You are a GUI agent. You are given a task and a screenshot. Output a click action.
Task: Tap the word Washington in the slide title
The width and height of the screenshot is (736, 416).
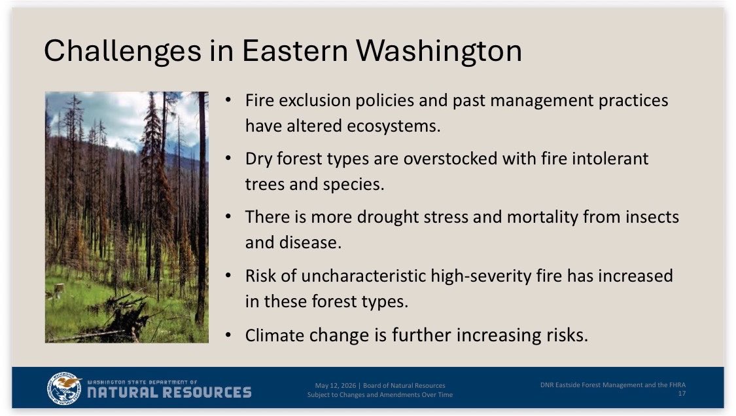coord(439,50)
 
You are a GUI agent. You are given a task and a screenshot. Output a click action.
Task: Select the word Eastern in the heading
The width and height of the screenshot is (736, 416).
coord(295,50)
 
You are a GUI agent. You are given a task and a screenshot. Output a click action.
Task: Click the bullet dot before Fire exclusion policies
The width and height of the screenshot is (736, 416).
coord(228,100)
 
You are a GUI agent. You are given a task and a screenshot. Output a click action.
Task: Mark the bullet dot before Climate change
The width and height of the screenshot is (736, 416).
coord(228,335)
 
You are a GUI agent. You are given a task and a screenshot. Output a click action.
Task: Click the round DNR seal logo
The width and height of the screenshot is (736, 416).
coord(64,388)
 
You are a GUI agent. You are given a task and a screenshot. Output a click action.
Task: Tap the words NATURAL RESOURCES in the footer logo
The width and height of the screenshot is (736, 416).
coord(169,392)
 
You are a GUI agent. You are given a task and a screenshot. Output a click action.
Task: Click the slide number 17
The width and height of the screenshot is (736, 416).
coord(682,394)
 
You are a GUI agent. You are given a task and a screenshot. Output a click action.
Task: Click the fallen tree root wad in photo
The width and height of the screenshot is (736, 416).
coord(124,320)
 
